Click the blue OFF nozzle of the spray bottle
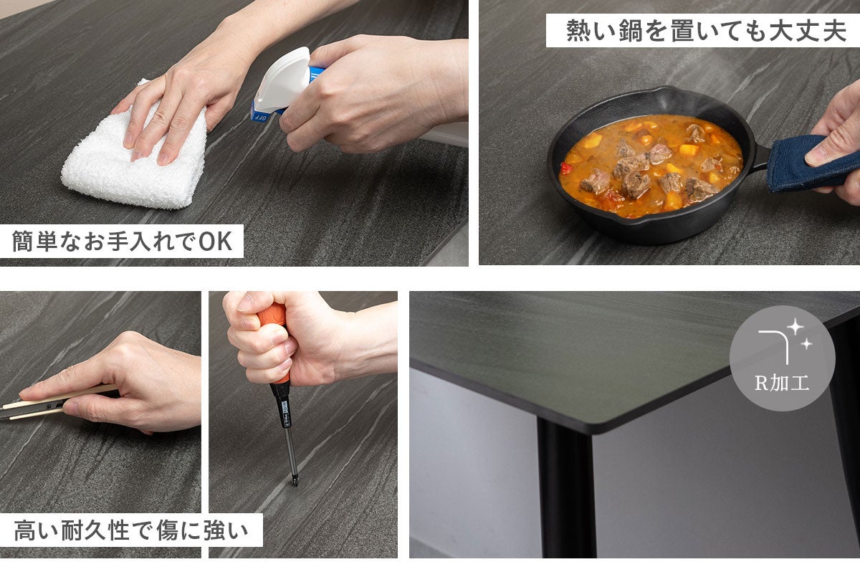click(x=261, y=114)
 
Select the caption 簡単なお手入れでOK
click(x=122, y=241)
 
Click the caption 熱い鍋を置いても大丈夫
click(x=706, y=30)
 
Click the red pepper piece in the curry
click(x=566, y=168)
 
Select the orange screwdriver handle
click(x=273, y=338)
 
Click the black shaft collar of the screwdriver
click(x=282, y=405)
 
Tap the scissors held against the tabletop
click(x=54, y=405)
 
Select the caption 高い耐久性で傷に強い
click(x=131, y=530)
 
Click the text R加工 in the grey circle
click(x=782, y=383)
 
